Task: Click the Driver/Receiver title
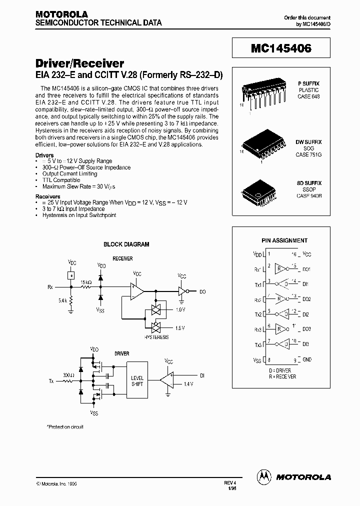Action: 80,63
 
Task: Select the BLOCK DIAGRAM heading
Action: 126,244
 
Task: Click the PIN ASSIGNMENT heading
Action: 284,240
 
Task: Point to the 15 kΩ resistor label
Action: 86,282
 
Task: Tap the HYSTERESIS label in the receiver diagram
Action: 157,337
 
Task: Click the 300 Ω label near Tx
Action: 68,374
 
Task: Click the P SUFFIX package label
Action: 308,83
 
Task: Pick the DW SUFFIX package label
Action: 308,142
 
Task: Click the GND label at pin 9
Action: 306,359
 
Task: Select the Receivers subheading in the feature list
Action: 48,197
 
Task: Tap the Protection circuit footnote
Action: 65,427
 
